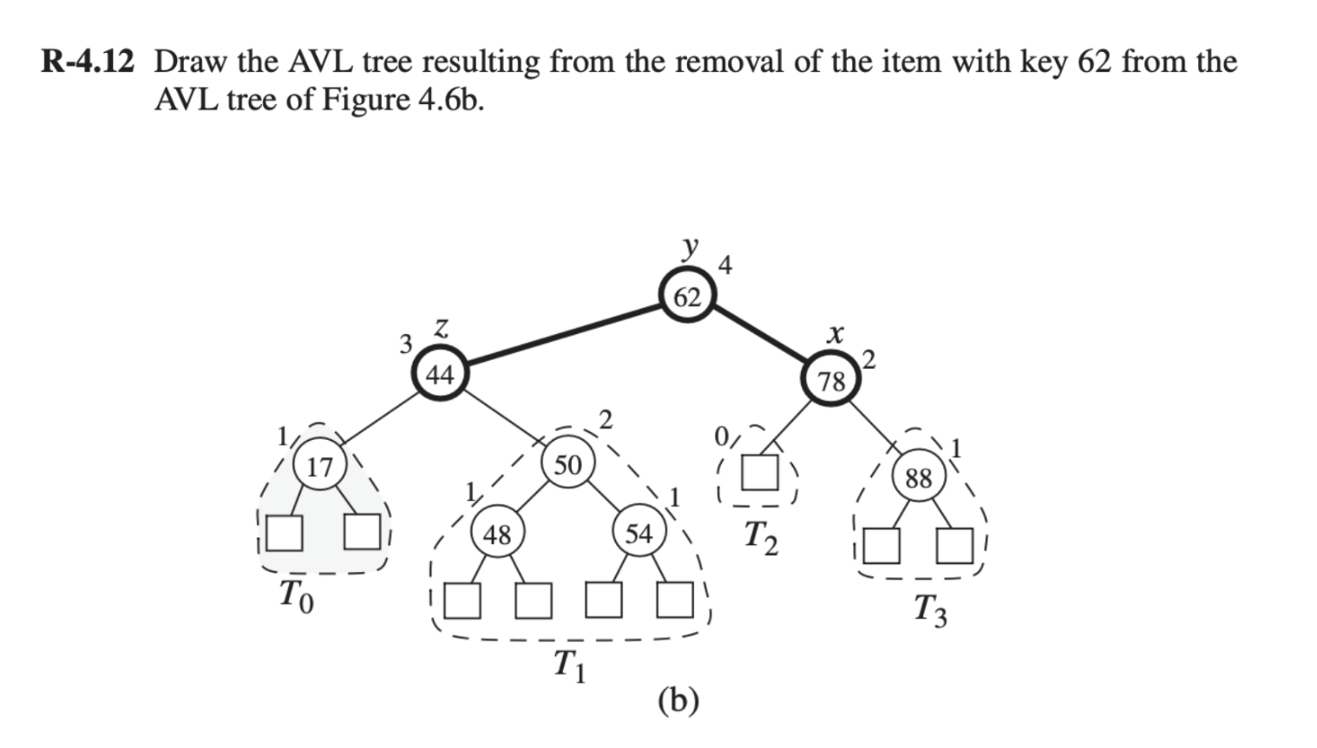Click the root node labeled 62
[687, 297]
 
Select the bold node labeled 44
[440, 375]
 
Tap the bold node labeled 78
[831, 381]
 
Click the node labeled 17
[320, 467]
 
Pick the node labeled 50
[567, 464]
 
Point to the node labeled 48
[497, 535]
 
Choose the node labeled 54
[639, 533]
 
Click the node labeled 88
[918, 477]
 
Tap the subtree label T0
[295, 596]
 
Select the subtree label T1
[569, 666]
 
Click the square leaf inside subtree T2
[759, 473]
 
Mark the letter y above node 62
[690, 247]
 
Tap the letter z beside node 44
[442, 329]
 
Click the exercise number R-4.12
[88, 62]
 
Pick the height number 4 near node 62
[726, 266]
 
